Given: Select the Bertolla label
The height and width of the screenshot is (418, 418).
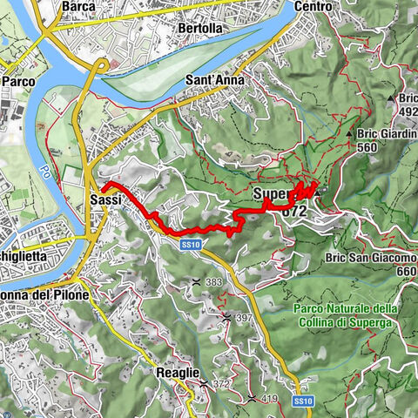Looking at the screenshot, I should click(200, 28).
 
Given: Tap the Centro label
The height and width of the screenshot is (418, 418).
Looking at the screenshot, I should click(313, 6).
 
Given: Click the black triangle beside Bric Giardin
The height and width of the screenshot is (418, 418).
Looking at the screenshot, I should click(349, 134).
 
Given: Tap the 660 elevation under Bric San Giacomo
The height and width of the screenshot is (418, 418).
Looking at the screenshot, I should click(406, 271).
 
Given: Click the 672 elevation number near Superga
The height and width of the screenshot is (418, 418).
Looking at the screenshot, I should click(293, 210).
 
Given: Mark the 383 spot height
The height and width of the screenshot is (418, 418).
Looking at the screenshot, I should click(213, 282).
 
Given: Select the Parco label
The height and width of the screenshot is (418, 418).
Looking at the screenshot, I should click(17, 81).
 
